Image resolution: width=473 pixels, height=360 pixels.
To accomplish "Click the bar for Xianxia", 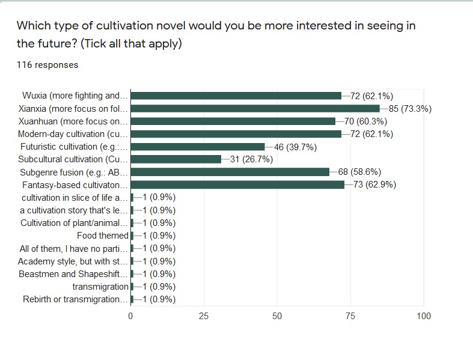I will (x=255, y=109).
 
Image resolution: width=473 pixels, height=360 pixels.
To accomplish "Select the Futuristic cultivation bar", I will (x=198, y=147).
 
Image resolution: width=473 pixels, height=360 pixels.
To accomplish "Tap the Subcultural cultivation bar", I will (x=175, y=159).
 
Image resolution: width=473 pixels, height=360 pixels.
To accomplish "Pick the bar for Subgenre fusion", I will (x=230, y=172).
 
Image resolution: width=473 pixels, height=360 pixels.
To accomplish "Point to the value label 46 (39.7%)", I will (x=296, y=147).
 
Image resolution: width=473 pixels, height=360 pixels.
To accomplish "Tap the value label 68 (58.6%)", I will (x=361, y=172).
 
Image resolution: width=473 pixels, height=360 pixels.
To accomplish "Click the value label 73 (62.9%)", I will (x=375, y=185).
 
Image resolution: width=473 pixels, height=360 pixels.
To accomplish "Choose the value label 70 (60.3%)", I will (x=366, y=121).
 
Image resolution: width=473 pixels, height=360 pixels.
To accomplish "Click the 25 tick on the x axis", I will (x=204, y=316).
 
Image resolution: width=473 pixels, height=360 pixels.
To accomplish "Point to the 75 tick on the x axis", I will (x=350, y=316).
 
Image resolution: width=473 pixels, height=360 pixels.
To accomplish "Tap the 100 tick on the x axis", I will (x=424, y=316).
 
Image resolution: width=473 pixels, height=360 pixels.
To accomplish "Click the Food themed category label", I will (x=103, y=236).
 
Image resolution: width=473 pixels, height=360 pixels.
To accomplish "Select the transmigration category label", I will (x=100, y=287).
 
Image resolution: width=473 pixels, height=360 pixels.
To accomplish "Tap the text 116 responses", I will (x=47, y=65).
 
